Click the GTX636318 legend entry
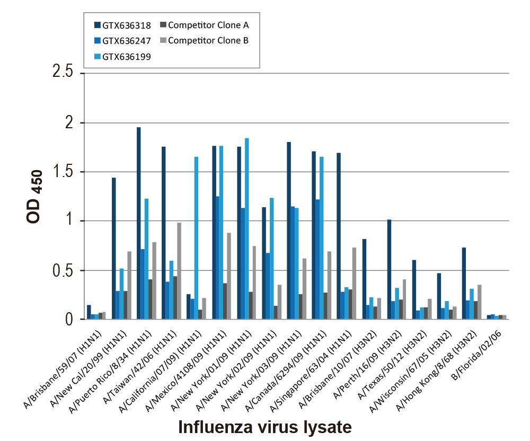pos(125,25)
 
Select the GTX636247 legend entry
pos(125,41)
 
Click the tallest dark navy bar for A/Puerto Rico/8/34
pos(139,223)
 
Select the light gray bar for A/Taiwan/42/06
pos(179,271)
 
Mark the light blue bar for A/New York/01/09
pos(247,228)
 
